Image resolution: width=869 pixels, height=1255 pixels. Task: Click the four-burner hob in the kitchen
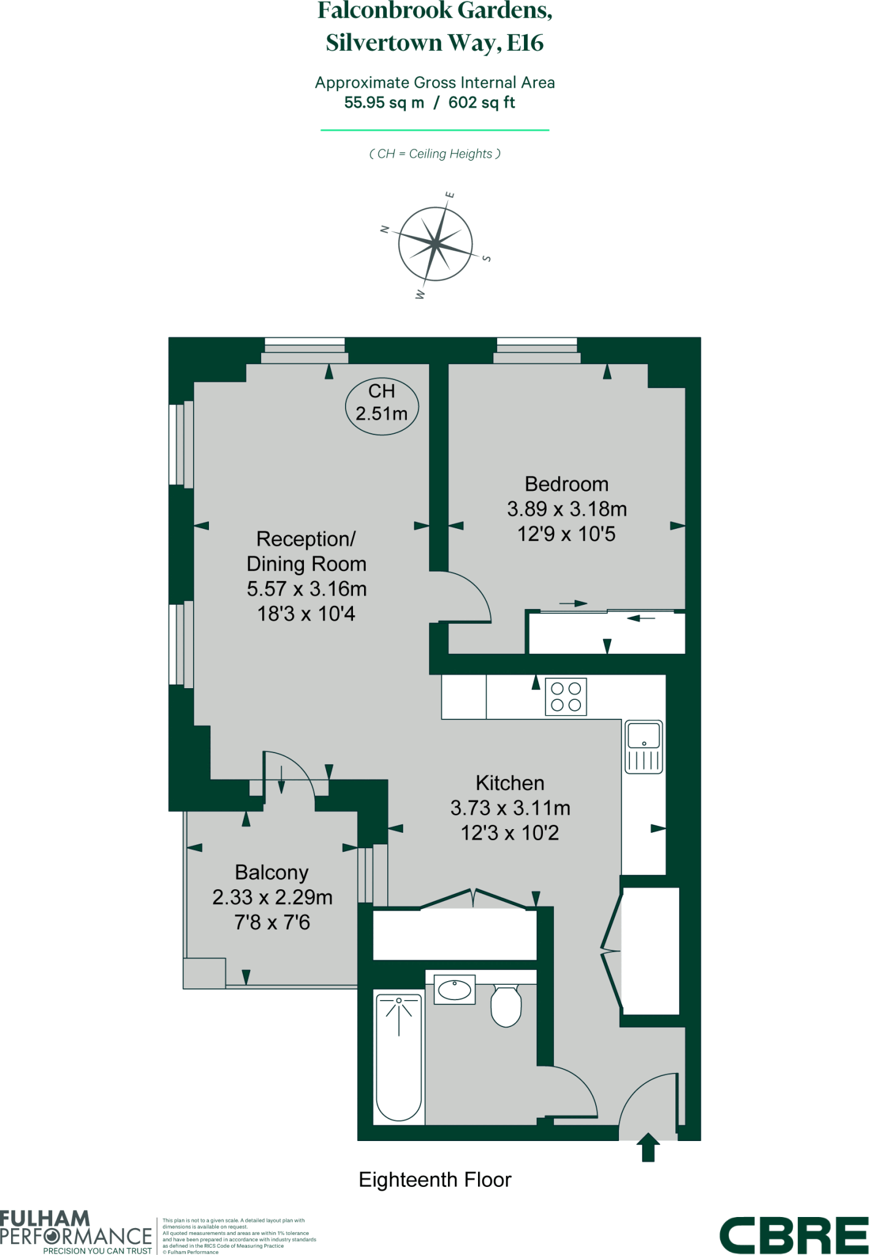pos(566,697)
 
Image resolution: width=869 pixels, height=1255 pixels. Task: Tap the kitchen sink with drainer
pos(643,746)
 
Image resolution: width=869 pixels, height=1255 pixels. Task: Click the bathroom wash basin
pos(454,989)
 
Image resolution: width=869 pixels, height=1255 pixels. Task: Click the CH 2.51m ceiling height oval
pos(382,403)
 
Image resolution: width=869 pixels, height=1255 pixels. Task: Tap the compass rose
pos(435,245)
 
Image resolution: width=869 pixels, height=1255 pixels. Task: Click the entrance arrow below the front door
pos(648,1147)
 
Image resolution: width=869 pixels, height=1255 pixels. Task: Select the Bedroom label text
pos(566,484)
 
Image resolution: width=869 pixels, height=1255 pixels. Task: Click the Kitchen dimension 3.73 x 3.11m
pos(510,808)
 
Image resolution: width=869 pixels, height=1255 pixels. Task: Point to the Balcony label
pos(271,872)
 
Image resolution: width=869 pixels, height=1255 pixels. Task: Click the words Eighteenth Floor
pos(435,1179)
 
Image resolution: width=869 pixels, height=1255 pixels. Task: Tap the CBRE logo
pos(793,1235)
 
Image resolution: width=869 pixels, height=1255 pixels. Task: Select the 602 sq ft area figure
pos(482,102)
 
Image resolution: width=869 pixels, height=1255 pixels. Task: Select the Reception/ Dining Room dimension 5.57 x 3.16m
pos(306,589)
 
